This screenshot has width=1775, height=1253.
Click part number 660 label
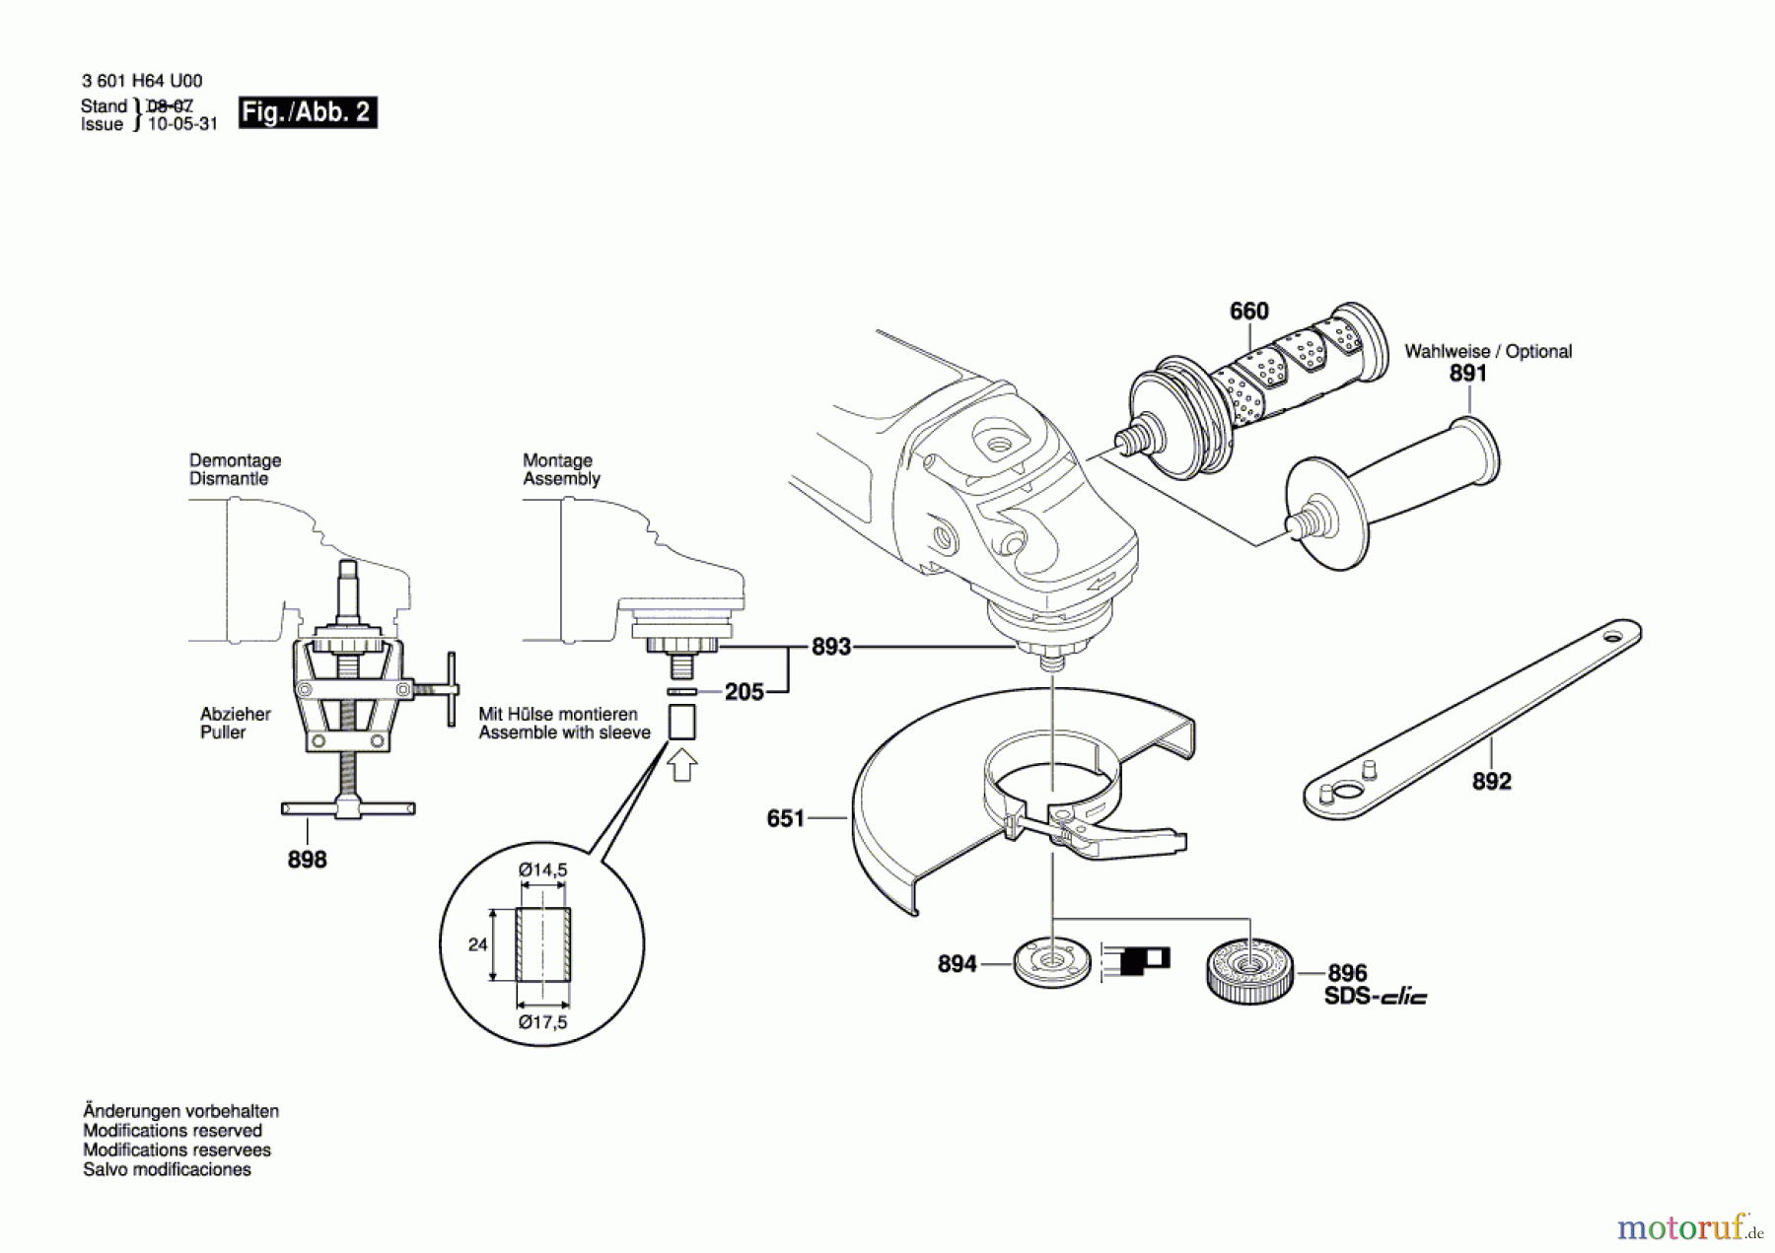[1248, 312]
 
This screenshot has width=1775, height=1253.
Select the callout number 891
[1468, 374]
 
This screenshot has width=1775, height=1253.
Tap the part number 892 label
[1491, 781]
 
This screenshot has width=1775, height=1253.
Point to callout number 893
[830, 647]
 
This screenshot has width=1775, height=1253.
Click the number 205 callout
[745, 692]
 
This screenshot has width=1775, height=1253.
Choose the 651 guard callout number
[786, 818]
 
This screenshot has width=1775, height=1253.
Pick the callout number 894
[957, 963]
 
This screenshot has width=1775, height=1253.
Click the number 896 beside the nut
[1347, 973]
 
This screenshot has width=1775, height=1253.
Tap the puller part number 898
[307, 860]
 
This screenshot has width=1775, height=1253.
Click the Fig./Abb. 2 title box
[308, 112]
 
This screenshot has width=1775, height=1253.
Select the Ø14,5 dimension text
[543, 870]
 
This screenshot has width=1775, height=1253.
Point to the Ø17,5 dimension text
[543, 1022]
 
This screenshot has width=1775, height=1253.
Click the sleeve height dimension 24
[477, 944]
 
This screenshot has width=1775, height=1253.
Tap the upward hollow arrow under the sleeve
[682, 765]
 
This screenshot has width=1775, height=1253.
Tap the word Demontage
[235, 460]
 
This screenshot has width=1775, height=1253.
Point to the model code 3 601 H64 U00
[142, 81]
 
